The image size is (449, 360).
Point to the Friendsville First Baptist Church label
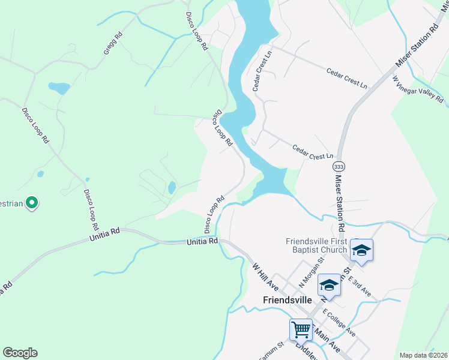[316, 245]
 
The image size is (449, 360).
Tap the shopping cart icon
[301, 329]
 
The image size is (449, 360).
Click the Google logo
[20, 352]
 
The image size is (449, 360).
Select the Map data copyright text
[423, 355]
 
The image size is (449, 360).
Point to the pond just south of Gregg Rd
[59, 89]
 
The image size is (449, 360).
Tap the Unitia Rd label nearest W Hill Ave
[202, 241]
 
